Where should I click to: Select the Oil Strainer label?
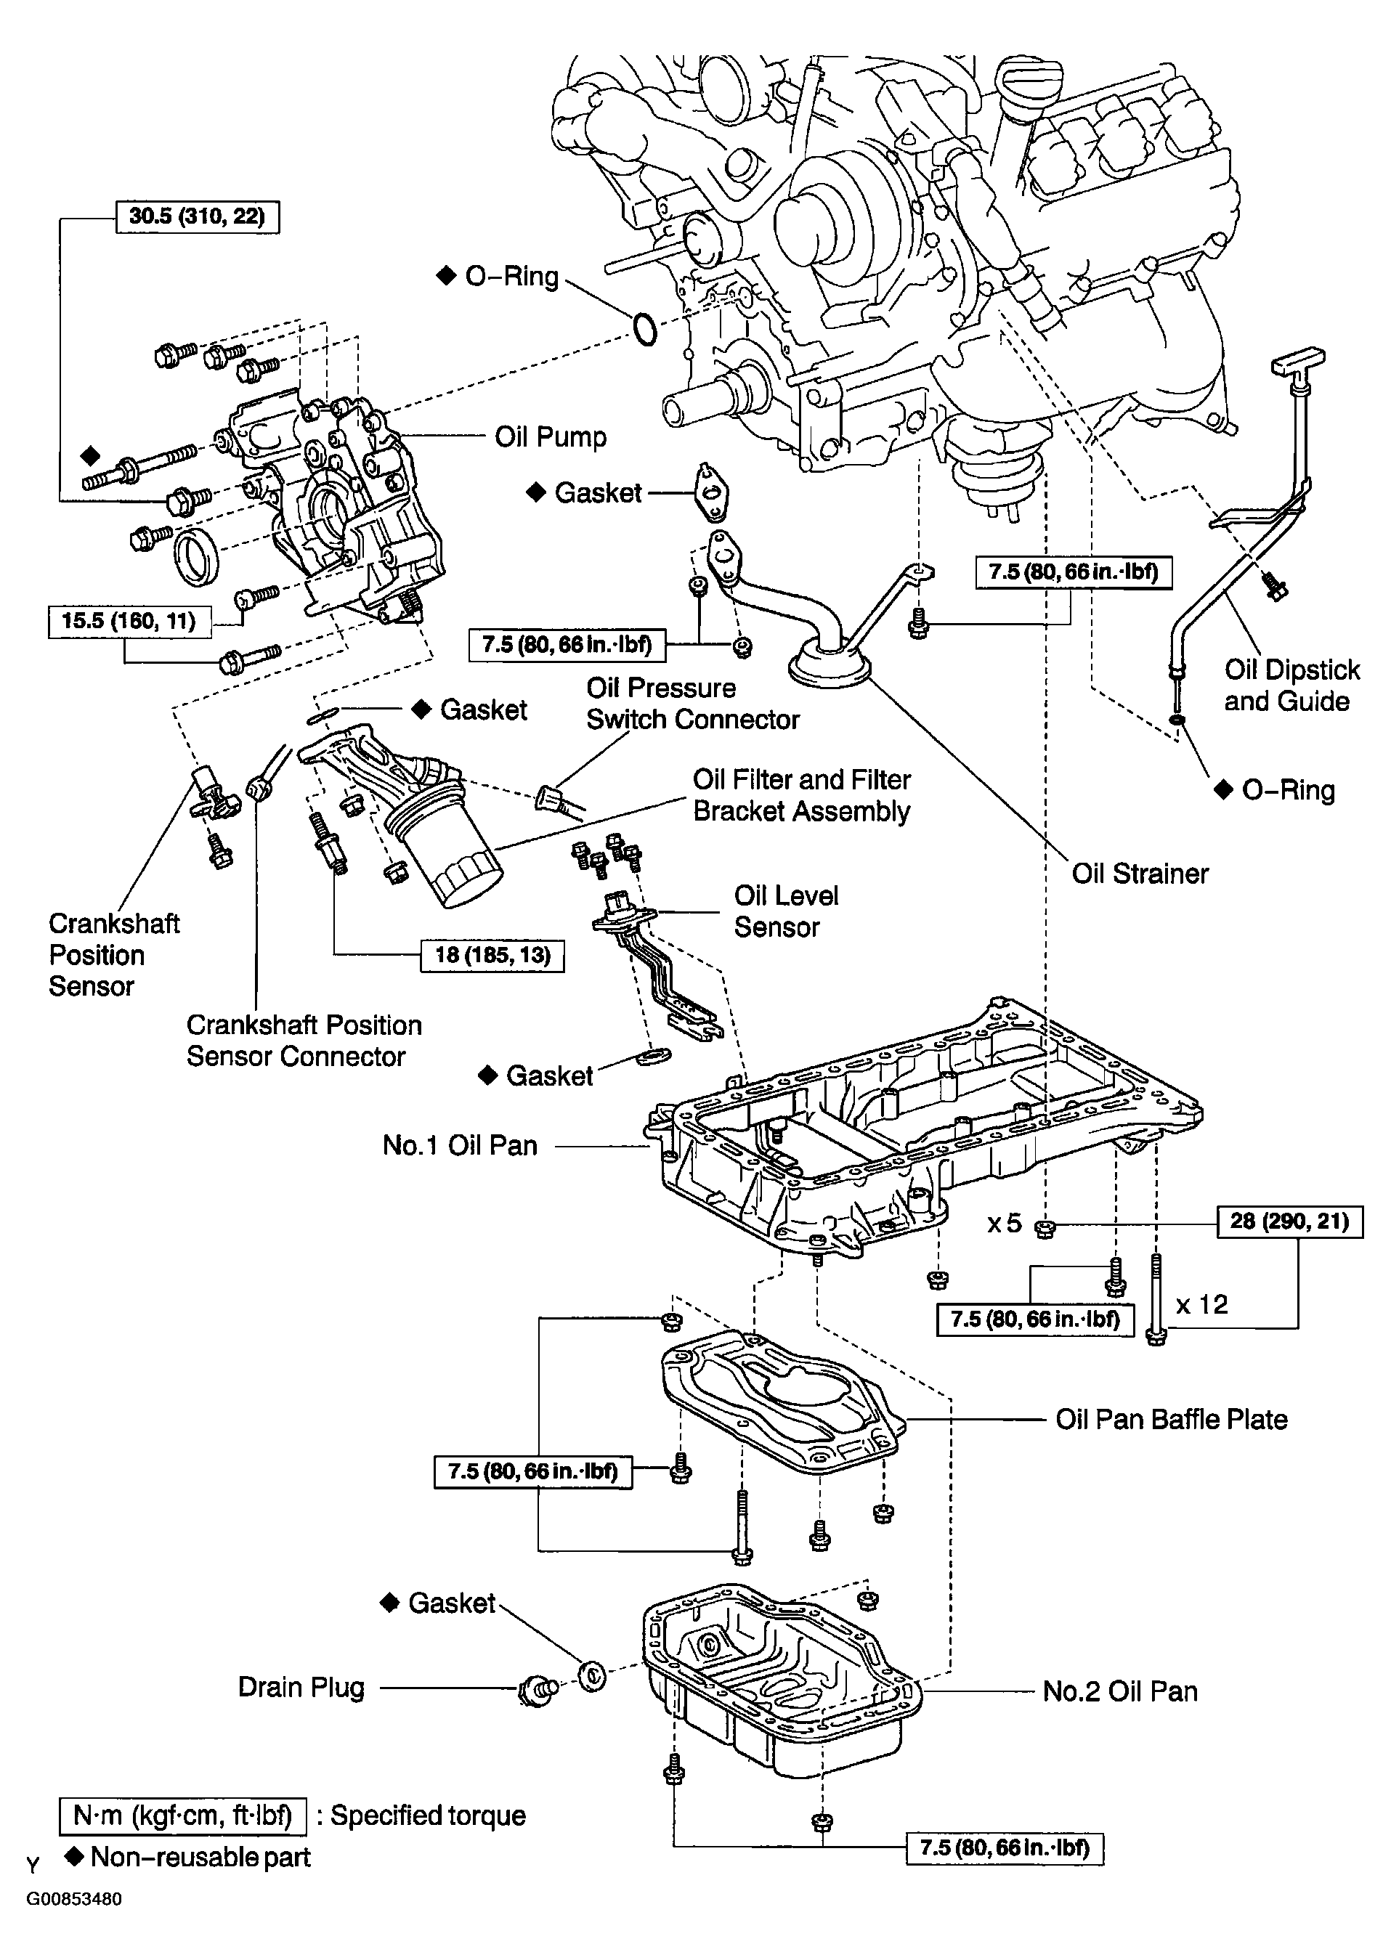(1140, 874)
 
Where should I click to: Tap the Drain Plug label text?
(301, 1687)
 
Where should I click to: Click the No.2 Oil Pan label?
(1120, 1691)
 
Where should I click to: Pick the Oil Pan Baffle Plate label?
(1171, 1419)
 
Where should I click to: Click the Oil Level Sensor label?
(785, 911)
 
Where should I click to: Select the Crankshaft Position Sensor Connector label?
(304, 1041)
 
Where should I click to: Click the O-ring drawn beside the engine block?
(644, 330)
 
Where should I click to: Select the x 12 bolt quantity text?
(1201, 1304)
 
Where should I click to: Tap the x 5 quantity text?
(1005, 1223)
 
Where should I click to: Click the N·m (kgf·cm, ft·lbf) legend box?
(182, 1815)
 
